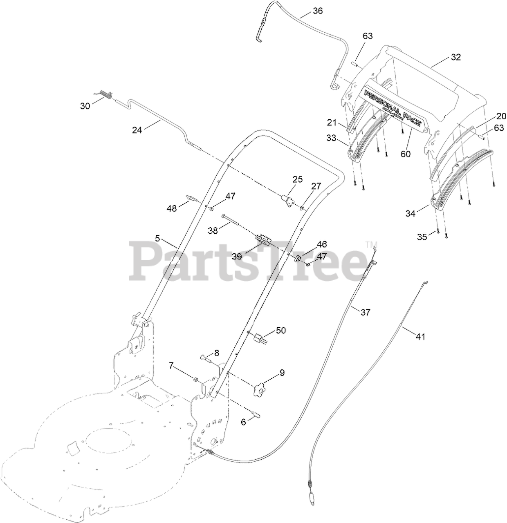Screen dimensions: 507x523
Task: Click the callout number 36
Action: (x=318, y=11)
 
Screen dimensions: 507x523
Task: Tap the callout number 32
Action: (x=455, y=57)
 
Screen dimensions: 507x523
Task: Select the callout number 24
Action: (x=137, y=130)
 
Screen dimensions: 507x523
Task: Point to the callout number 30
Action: (x=85, y=106)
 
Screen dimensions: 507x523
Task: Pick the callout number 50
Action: (x=281, y=331)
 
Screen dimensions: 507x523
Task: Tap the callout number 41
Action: (x=421, y=337)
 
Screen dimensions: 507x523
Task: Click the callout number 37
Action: (x=365, y=312)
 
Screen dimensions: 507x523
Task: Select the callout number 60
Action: (x=406, y=154)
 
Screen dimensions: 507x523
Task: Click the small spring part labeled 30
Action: (x=106, y=96)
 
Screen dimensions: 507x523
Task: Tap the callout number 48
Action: (x=171, y=208)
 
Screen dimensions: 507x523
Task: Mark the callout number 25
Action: (x=297, y=179)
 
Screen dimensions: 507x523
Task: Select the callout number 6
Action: (x=243, y=422)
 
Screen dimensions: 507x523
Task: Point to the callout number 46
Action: (x=322, y=245)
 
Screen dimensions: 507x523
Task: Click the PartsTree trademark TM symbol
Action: (x=371, y=245)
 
